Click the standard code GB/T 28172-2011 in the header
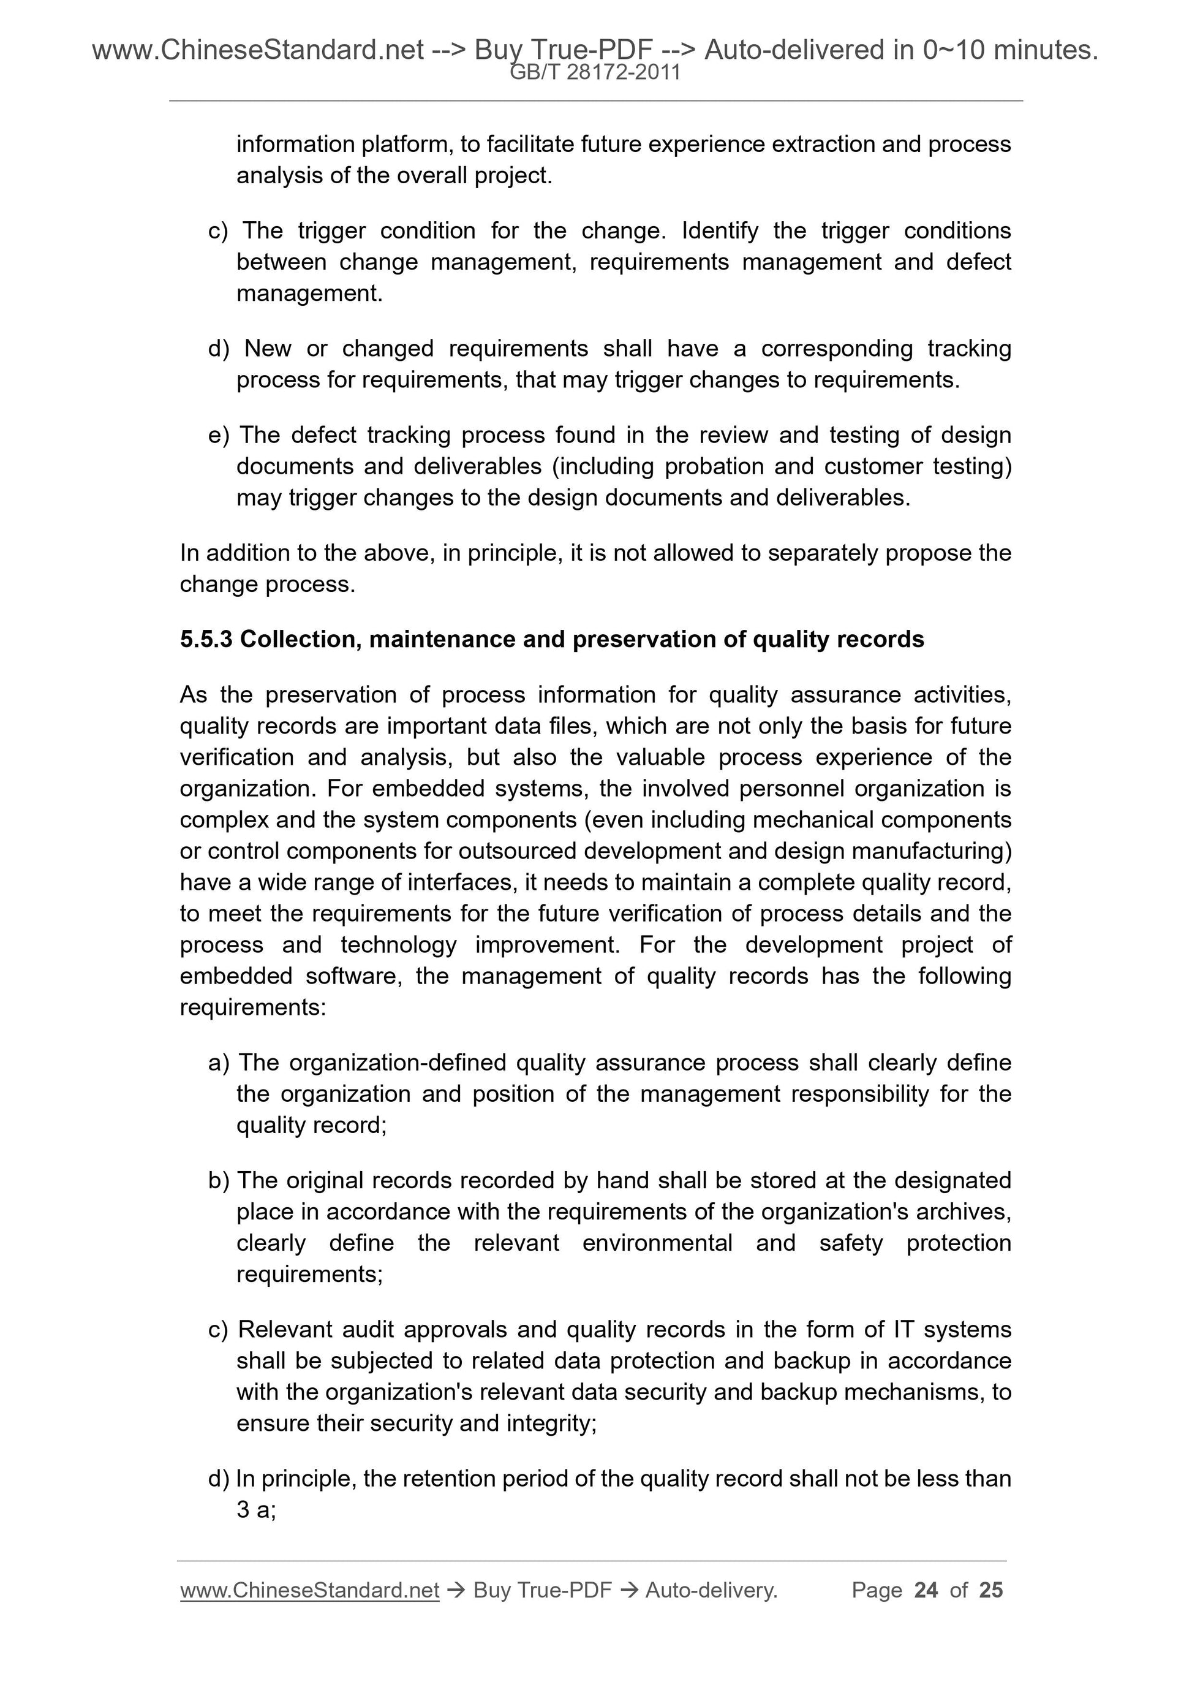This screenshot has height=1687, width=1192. click(595, 72)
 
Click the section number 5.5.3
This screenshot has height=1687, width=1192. click(206, 639)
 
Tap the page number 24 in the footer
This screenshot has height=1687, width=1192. click(926, 1590)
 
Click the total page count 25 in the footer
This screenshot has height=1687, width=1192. click(990, 1590)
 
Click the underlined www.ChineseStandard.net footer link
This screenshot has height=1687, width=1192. click(309, 1590)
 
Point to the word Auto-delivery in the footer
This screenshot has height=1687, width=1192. click(711, 1590)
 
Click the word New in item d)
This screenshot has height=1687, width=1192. click(268, 348)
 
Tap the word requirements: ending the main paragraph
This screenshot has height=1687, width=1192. click(252, 1007)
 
